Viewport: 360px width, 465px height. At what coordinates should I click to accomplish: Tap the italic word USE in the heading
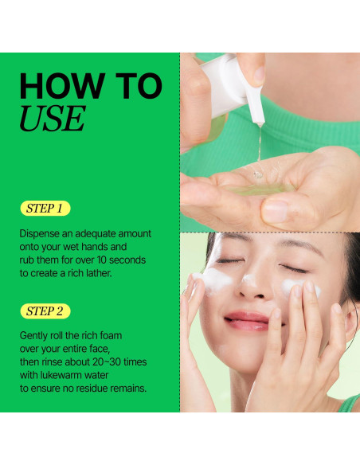click(51, 118)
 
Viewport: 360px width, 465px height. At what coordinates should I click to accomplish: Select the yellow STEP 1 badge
click(45, 209)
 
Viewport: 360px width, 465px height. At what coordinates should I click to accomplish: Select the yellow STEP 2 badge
click(45, 311)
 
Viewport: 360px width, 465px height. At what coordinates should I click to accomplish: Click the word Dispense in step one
click(43, 233)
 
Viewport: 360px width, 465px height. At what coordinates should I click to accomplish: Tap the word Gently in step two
click(37, 336)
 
